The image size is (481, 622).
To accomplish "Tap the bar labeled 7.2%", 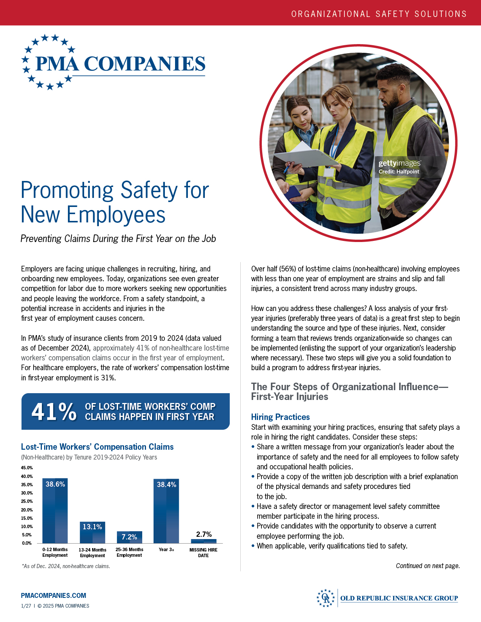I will point(129,537).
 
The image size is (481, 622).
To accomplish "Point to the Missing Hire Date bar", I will point(204,541).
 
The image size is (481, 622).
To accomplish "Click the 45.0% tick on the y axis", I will point(27,468).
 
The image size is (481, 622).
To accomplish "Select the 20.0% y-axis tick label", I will point(27,510).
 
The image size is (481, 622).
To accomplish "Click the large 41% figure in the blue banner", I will point(54,411).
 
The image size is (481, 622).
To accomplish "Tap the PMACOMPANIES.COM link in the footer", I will point(54,596).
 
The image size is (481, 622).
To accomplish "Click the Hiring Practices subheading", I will point(280,417).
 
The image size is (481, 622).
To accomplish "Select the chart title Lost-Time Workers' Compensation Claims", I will point(97,447).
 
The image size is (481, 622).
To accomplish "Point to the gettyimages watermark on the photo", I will point(400,163).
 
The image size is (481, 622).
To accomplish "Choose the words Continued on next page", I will point(428,566).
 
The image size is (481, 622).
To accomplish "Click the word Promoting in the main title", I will point(67,190).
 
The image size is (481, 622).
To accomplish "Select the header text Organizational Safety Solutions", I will point(379,14).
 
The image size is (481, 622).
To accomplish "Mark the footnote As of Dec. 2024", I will point(66,566).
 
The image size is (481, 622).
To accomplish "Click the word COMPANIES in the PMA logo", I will point(144,64).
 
